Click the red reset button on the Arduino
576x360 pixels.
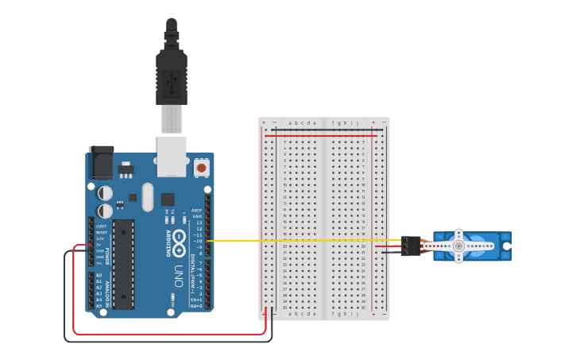(202, 168)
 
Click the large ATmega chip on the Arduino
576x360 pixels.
(124, 263)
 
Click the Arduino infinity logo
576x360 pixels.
(180, 238)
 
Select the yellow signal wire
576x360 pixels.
(318, 240)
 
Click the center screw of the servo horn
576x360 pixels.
(458, 246)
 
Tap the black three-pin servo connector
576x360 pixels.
(411, 246)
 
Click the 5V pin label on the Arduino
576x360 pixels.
(100, 244)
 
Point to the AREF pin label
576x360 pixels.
(197, 210)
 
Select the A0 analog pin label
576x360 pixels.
(99, 275)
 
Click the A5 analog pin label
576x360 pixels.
(99, 306)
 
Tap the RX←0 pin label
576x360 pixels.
(196, 306)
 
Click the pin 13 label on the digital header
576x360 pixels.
(199, 223)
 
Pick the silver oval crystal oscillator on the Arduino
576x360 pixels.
(147, 197)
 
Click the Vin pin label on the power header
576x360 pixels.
(100, 263)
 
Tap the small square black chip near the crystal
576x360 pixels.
(168, 199)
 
